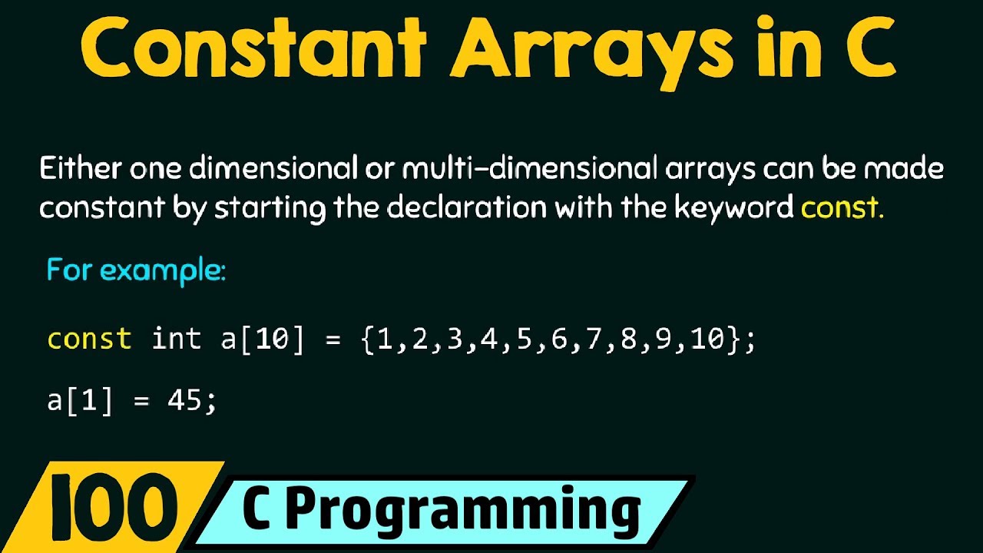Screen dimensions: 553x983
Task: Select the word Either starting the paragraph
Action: pos(83,168)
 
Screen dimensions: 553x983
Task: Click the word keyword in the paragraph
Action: pos(733,208)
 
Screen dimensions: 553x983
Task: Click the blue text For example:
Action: pos(136,271)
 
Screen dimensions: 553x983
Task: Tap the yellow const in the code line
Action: pos(89,339)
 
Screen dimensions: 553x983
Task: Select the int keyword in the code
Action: pos(177,339)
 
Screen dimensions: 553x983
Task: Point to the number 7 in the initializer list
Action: pos(593,339)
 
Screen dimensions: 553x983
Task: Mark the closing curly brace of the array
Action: pos(735,339)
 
